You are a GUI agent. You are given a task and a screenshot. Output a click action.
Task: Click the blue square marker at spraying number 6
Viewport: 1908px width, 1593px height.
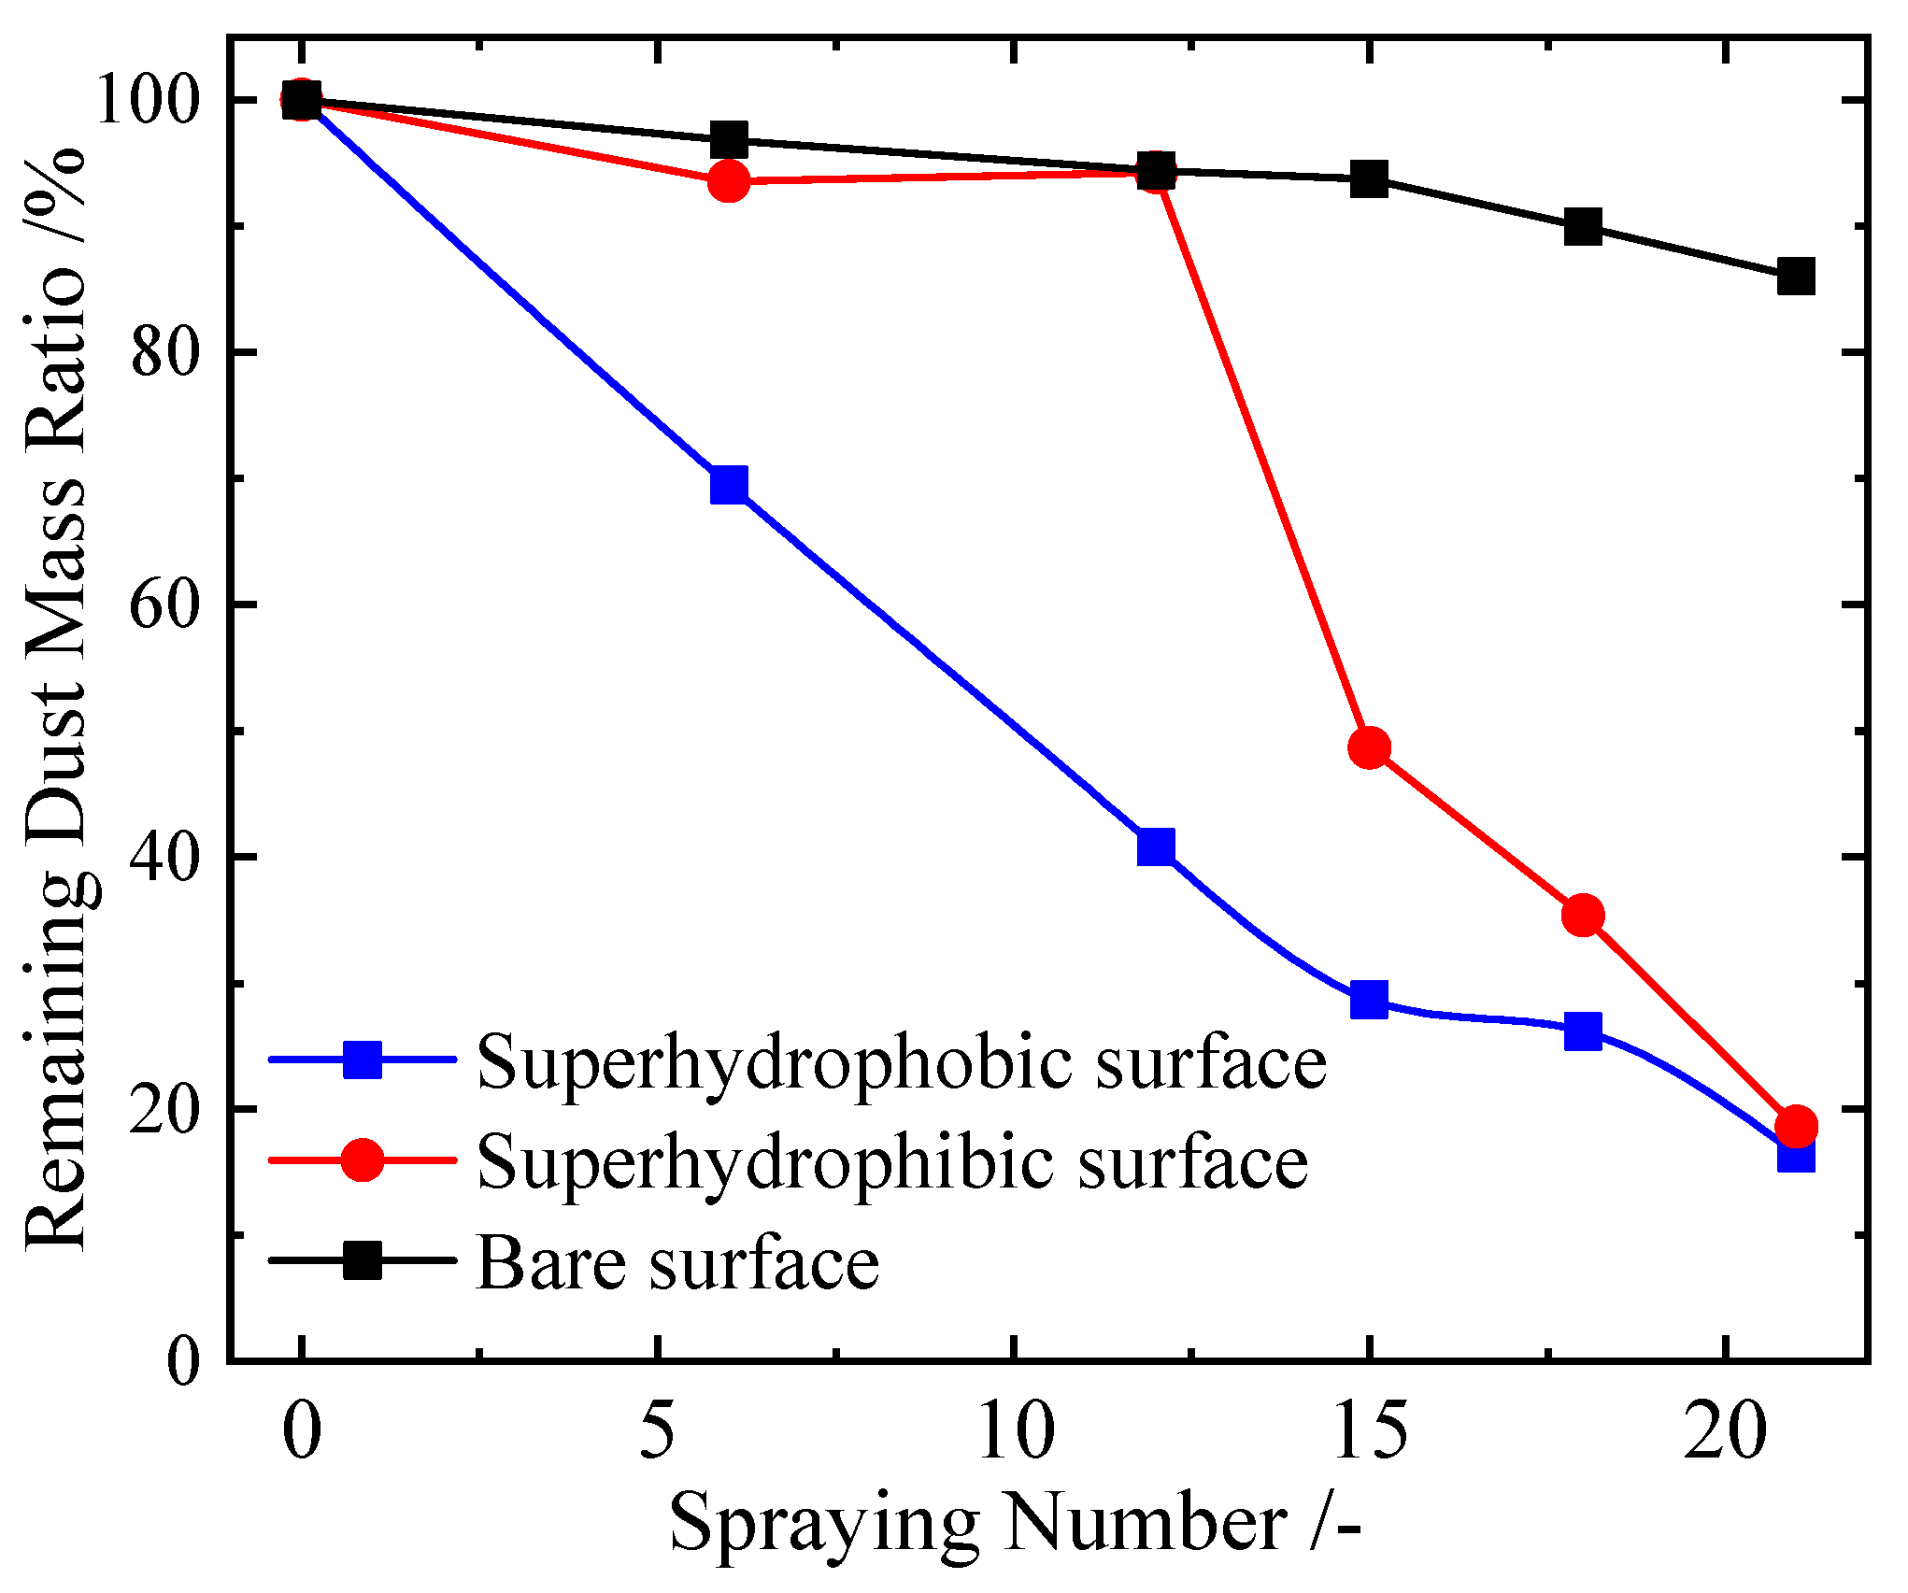coord(729,485)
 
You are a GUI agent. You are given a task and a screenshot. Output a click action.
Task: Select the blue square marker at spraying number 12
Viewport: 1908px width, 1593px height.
coord(1156,846)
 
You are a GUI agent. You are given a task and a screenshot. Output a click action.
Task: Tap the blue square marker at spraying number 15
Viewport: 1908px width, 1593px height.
coord(1369,1000)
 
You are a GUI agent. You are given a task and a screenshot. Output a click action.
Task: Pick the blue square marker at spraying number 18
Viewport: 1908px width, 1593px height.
coord(1583,1031)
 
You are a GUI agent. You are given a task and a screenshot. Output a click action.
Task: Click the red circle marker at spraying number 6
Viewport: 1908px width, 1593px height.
coord(729,180)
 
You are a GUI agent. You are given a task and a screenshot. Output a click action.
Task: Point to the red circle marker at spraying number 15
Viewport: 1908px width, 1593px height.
coord(1370,747)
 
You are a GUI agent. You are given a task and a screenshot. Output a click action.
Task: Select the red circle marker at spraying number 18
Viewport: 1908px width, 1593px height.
coord(1583,915)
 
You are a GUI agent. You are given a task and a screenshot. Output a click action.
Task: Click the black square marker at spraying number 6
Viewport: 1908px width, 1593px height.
coord(729,140)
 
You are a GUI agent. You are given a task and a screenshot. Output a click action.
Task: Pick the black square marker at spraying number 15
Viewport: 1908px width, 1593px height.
coord(1369,178)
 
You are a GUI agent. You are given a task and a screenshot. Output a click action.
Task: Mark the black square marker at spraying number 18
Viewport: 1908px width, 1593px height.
coord(1583,227)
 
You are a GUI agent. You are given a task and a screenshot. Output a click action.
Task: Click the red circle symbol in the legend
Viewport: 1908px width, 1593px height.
coord(363,1159)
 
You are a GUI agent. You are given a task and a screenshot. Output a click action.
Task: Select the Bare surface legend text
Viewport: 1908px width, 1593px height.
coord(678,1263)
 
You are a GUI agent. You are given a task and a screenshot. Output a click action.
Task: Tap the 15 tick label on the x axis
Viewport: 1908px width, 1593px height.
coord(1369,1431)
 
